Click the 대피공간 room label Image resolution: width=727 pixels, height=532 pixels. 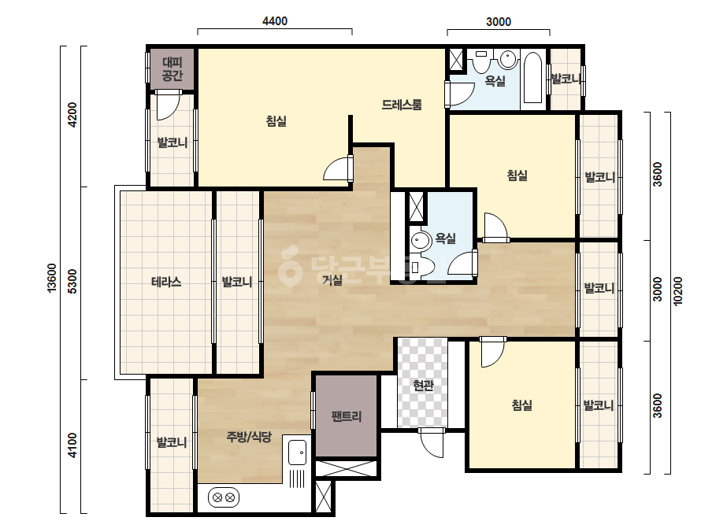point(172,68)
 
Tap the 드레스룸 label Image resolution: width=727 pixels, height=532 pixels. point(402,105)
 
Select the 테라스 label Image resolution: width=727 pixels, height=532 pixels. point(166,282)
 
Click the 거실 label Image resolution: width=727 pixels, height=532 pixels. point(332,279)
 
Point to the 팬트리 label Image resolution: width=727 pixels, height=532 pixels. point(347,416)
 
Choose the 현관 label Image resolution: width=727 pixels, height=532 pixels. point(423,385)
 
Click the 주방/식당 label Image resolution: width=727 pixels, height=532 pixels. point(249,437)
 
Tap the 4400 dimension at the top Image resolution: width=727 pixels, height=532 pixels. point(275,20)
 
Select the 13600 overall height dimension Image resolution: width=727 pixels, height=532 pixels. point(51,278)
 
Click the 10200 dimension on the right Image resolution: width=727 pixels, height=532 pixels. point(678,291)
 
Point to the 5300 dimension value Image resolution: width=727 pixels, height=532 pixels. point(72,281)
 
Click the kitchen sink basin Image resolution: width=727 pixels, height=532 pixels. point(297,453)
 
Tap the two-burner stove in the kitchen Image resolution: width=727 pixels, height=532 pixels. point(224,498)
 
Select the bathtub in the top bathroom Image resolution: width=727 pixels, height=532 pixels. point(532,78)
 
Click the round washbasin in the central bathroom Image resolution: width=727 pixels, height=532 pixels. point(421,241)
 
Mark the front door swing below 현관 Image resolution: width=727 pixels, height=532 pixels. point(431,443)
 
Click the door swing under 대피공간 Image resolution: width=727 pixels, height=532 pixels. point(168,105)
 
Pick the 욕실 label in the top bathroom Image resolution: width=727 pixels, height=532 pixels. point(495,80)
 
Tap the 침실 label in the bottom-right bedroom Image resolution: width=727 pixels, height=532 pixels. point(521,405)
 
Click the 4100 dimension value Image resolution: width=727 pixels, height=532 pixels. point(72,445)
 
